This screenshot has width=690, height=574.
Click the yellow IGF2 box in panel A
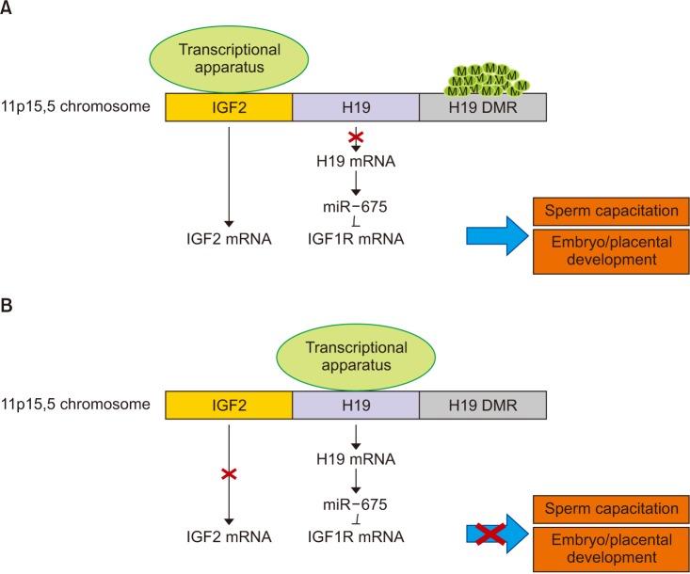(x=229, y=106)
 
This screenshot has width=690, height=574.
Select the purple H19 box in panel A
(x=355, y=106)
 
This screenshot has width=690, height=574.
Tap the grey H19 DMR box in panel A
(x=480, y=106)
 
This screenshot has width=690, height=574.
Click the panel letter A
(x=8, y=9)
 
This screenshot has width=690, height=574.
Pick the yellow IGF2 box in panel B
(x=229, y=406)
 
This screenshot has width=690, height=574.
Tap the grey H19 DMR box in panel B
(x=480, y=406)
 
